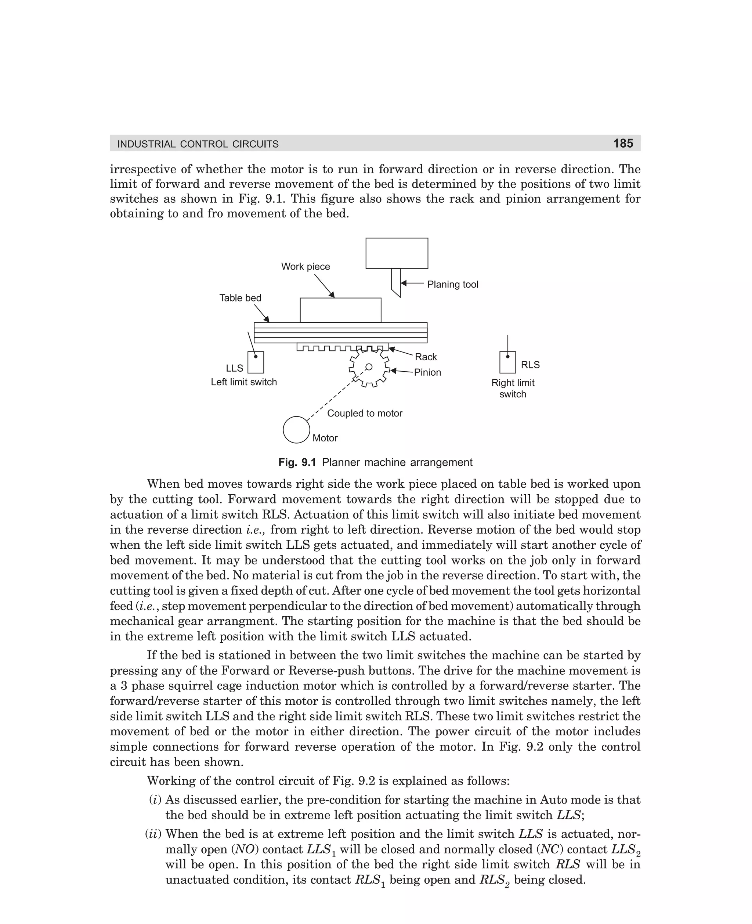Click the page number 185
pyautogui.click(x=623, y=143)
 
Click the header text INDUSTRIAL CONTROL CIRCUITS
pyautogui.click(x=198, y=144)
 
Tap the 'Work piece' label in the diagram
pyautogui.click(x=305, y=266)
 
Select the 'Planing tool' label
pyautogui.click(x=453, y=284)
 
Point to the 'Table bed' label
pyautogui.click(x=241, y=298)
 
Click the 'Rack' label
pyautogui.click(x=426, y=357)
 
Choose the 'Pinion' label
pyautogui.click(x=427, y=372)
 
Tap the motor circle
pyautogui.click(x=296, y=430)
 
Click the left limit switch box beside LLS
pyautogui.click(x=256, y=362)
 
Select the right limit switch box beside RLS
pyautogui.click(x=508, y=362)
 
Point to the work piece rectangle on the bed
pyautogui.click(x=340, y=310)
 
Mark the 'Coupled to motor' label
pyautogui.click(x=365, y=413)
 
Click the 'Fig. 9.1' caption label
pyautogui.click(x=297, y=463)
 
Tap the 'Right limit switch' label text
pyautogui.click(x=513, y=389)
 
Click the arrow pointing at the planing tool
pyautogui.click(x=412, y=283)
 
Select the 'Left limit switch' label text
pyautogui.click(x=244, y=382)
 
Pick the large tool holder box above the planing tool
pyautogui.click(x=397, y=253)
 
